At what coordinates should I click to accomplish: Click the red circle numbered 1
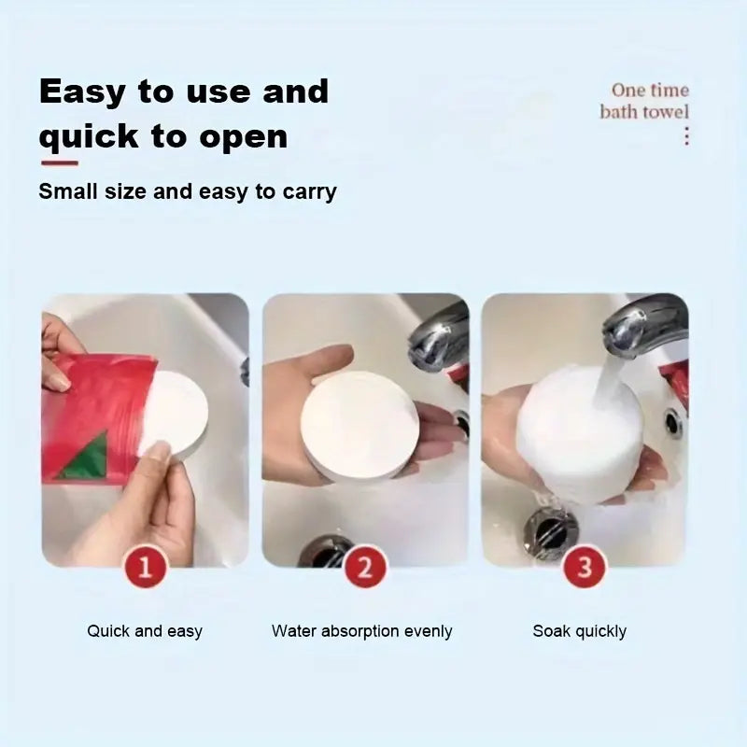145,567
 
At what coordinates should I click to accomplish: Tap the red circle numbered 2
365,567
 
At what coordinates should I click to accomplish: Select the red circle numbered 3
585,567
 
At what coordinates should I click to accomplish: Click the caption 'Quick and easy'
145,631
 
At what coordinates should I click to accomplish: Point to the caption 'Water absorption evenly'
361,631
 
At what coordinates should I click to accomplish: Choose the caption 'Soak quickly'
579,631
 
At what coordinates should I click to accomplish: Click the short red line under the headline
58,163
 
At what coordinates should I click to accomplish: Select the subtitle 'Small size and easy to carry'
187,192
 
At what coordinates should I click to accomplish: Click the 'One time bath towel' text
644,101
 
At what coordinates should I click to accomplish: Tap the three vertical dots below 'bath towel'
686,136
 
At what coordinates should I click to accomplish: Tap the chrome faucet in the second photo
439,336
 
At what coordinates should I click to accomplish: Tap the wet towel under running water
579,434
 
